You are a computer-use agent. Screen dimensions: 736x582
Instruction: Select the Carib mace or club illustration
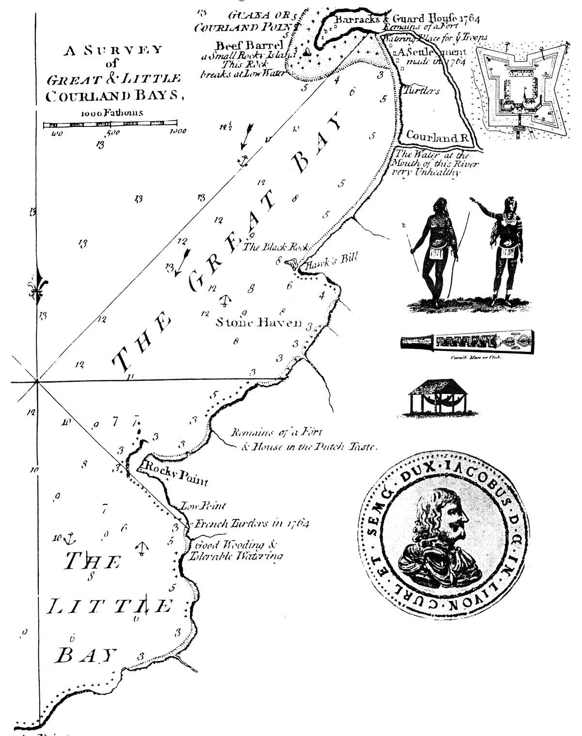coord(467,343)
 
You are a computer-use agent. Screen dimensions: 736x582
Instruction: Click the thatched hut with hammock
coord(435,398)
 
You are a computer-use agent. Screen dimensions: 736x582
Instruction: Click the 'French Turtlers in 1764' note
coord(251,524)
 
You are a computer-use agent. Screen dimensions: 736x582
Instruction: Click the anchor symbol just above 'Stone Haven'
coord(224,300)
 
